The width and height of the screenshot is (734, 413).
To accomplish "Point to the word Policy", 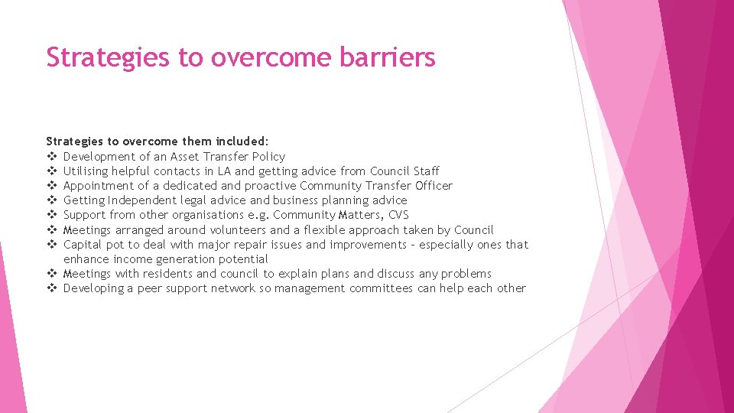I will (267, 156).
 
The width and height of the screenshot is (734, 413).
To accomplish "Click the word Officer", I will (432, 186).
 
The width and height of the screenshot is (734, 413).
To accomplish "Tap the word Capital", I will (83, 245).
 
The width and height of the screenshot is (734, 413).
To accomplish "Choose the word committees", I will (381, 288).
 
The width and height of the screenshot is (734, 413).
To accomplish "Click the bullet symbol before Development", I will (52, 157).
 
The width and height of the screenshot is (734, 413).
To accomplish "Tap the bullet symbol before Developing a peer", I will (52, 288).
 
